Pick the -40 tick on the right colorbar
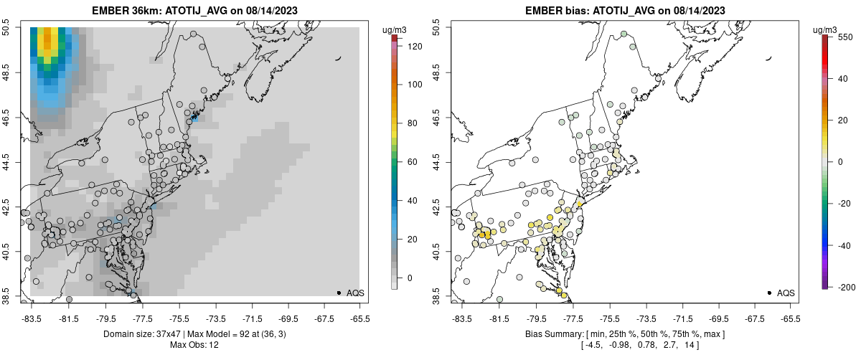coord(848,245)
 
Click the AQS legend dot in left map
coord(338,293)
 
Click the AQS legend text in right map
coord(786,293)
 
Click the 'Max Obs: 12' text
coord(194,345)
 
